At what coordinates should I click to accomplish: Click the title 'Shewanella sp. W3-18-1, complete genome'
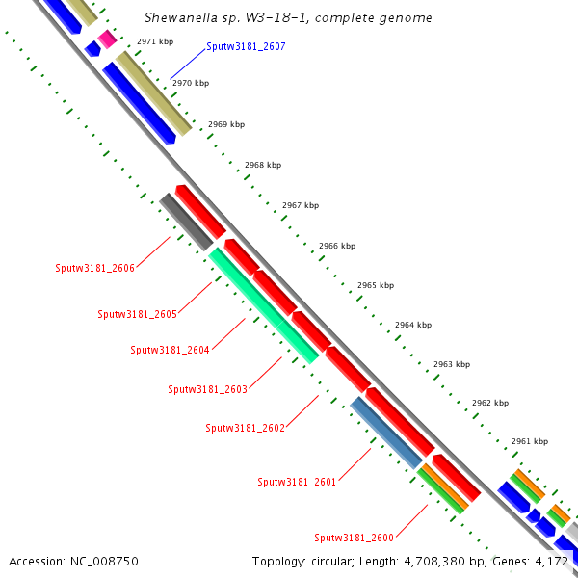click(x=288, y=18)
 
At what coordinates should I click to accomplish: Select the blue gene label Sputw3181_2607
click(x=246, y=46)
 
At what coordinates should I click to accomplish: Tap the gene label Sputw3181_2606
click(x=95, y=268)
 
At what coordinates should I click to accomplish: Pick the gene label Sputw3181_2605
click(x=138, y=314)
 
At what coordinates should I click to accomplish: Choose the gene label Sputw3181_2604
click(x=170, y=350)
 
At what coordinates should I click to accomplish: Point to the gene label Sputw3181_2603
click(x=208, y=389)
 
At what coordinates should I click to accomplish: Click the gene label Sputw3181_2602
click(x=246, y=428)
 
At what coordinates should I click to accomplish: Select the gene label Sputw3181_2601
click(x=297, y=482)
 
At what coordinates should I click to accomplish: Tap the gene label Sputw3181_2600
click(x=355, y=538)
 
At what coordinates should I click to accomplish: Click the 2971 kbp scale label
click(x=155, y=41)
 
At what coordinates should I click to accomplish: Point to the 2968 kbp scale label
click(x=263, y=165)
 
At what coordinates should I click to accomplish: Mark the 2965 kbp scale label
click(x=376, y=285)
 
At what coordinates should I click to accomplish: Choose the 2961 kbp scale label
click(x=529, y=441)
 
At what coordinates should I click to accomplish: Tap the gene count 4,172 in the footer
click(x=550, y=561)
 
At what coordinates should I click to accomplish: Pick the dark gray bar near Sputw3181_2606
click(x=186, y=222)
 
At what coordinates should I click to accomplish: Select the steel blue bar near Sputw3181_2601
click(x=385, y=433)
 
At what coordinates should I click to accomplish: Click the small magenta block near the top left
click(x=107, y=39)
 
